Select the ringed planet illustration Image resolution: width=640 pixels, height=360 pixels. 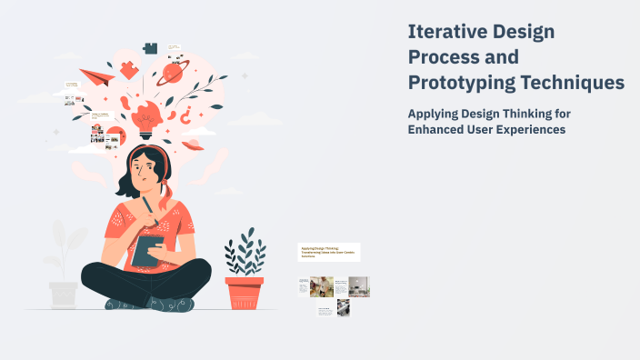tap(171, 73)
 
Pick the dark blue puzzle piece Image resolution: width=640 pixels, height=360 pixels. tap(151, 48)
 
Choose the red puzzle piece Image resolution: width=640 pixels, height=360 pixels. tap(130, 68)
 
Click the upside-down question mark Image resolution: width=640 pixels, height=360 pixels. tap(186, 115)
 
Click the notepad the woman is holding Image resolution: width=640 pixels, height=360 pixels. tap(148, 252)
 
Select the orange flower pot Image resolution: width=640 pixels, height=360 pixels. tap(244, 292)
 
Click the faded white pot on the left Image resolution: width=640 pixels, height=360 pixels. tap(64, 294)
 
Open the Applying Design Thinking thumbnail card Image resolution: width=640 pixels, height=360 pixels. tap(329, 252)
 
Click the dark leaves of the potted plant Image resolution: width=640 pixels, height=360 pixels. tap(245, 254)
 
